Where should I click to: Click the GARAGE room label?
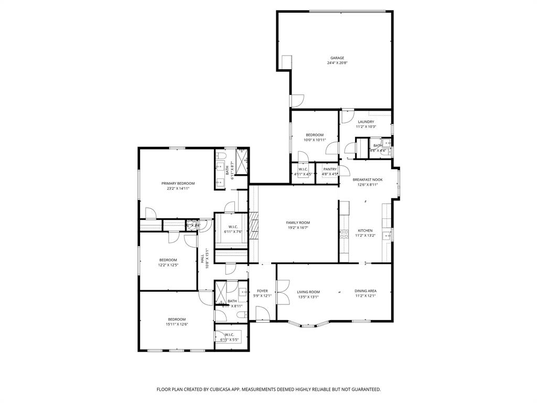(337, 58)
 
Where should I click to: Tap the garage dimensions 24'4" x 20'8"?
(337, 63)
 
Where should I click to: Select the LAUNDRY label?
(366, 122)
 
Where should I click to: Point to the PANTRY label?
(330, 169)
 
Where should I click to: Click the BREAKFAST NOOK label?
(367, 179)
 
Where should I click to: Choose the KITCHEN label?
(365, 230)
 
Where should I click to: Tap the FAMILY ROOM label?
(298, 222)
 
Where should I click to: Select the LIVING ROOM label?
(308, 292)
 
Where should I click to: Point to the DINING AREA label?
(366, 291)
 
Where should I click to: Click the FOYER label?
(262, 291)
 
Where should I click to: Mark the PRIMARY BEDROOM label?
(178, 183)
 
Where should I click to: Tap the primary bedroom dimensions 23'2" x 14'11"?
(178, 188)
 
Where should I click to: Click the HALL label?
(202, 258)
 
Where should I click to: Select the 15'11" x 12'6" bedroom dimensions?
(177, 324)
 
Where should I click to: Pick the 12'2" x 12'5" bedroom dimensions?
(168, 265)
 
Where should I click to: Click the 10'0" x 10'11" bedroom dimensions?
(315, 140)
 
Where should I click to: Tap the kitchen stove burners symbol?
(345, 234)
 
